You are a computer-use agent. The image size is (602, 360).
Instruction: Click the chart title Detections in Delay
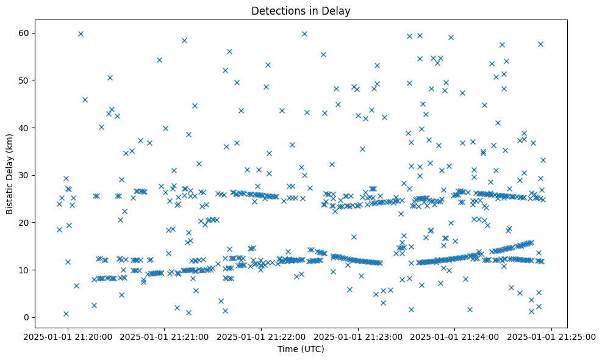click(x=301, y=11)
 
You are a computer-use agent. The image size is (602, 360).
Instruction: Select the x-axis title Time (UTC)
click(x=301, y=350)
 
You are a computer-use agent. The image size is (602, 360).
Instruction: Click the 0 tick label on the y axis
click(x=27, y=317)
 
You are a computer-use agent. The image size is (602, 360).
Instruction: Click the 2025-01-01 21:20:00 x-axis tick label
click(x=68, y=336)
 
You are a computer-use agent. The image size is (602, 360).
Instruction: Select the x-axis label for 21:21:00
click(x=165, y=336)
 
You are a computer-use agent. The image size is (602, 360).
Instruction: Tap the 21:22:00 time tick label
click(x=262, y=336)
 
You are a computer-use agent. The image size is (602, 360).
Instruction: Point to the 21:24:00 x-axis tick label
click(x=456, y=336)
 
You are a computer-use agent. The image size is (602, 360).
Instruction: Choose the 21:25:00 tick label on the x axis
click(x=553, y=336)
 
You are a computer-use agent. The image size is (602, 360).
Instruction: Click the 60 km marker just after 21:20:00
click(x=81, y=34)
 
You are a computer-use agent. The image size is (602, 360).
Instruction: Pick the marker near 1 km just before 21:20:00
click(x=66, y=314)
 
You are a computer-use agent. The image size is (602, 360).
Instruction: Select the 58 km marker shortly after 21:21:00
click(x=184, y=40)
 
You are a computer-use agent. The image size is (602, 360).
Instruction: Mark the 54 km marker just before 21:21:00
click(x=159, y=60)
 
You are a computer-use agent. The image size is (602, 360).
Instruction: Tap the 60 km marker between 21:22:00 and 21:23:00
click(x=304, y=34)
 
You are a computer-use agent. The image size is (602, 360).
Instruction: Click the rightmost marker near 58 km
click(x=540, y=44)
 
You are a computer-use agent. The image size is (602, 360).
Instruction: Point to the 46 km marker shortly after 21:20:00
click(x=85, y=99)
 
